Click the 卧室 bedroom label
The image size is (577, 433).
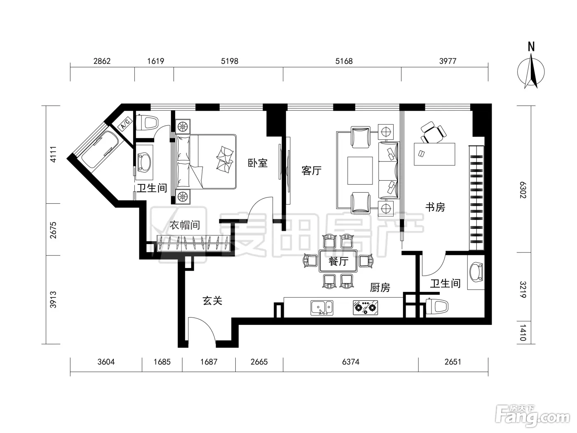pos(258,163)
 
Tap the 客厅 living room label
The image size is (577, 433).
pos(312,171)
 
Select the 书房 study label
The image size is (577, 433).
pos(435,207)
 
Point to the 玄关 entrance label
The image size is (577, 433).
pos(212,301)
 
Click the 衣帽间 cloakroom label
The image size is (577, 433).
pos(185,225)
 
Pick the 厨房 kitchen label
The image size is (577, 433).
pos(380,287)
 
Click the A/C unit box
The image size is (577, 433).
pos(125,124)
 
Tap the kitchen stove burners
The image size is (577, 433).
pos(366,308)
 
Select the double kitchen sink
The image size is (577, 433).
pos(322,308)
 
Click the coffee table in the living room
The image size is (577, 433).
pos(360,171)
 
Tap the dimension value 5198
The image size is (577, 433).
pos(230,61)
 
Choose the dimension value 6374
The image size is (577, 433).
pos(351,362)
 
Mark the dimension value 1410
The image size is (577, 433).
pos(523,332)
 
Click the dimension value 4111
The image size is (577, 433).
pos(53,154)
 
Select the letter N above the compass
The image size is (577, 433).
pos(531,47)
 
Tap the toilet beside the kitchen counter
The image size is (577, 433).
pos(436,306)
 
